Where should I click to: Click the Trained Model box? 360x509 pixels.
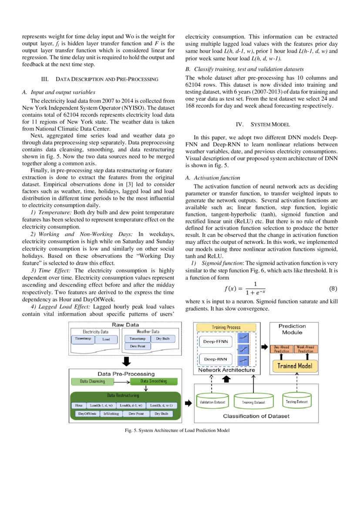coord(295,366)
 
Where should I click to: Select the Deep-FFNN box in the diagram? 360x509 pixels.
coord(215,342)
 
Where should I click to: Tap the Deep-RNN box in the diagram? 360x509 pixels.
coord(215,360)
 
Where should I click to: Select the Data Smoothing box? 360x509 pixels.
coord(155,381)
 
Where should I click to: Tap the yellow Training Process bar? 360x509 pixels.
coord(225,327)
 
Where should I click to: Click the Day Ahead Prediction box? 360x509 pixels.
coord(281,349)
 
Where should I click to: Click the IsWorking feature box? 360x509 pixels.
coord(111,414)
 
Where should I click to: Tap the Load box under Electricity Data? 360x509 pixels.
coord(106,339)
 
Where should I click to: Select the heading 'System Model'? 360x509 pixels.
coord(261,125)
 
